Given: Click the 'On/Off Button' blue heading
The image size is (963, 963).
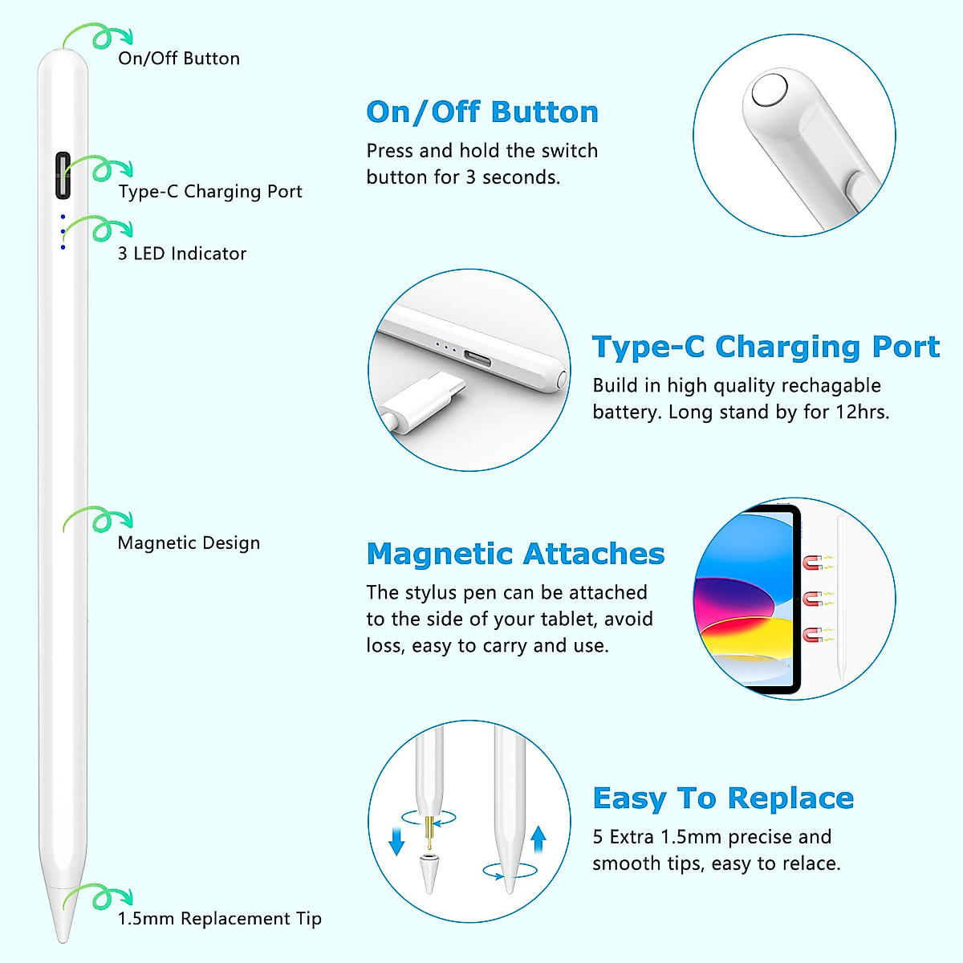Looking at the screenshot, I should coord(482,112).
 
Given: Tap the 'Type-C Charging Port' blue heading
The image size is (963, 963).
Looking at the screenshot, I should coord(766,347).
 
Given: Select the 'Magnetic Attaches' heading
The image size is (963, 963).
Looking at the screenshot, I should coord(515,554).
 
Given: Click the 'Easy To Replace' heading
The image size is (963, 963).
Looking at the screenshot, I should coord(723,798).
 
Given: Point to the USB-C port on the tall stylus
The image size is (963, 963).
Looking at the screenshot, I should coord(63,175).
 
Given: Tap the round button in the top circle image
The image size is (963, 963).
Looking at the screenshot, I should coord(769,90).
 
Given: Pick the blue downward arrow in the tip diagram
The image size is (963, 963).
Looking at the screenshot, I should coord(396,841).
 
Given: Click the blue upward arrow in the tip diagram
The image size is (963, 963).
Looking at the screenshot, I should coord(538,839).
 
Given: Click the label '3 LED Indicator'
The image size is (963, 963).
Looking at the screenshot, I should coord(182,254).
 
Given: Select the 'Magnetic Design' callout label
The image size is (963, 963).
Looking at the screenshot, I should coord(189,543).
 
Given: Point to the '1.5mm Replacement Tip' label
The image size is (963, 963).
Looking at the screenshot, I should coord(219,919).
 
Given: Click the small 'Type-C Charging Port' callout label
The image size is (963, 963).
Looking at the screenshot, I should coord(210,192).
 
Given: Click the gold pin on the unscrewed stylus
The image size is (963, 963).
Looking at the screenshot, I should coord(429,833).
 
